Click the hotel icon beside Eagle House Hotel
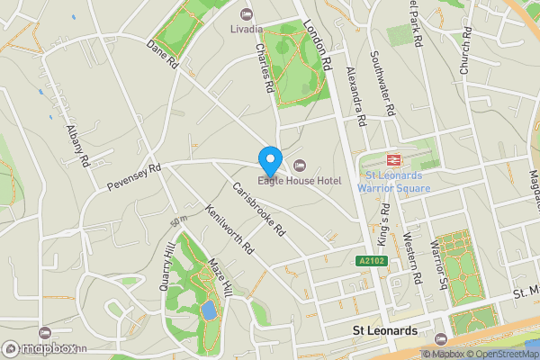pyautogui.click(x=300, y=165)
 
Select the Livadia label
pyautogui.click(x=247, y=29)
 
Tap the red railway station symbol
pyautogui.click(x=392, y=159)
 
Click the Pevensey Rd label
pyautogui.click(x=133, y=175)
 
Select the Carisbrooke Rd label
pyautogui.click(x=258, y=210)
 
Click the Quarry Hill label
pyautogui.click(x=166, y=261)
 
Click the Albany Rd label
pyautogui.click(x=79, y=145)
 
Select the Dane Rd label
pyautogui.click(x=163, y=54)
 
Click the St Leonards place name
pyautogui.click(x=383, y=331)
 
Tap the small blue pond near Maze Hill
pyautogui.click(x=209, y=311)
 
